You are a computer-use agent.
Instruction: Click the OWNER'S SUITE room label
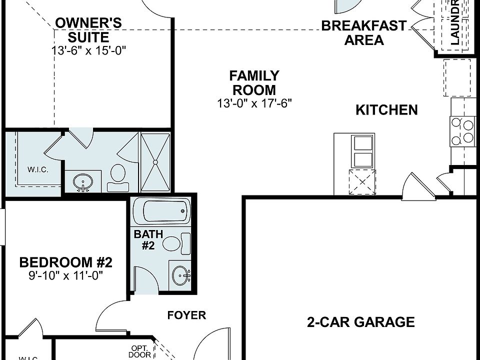[x=88, y=30]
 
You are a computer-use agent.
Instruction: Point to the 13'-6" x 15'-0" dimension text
[x=88, y=50]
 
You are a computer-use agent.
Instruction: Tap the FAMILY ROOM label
[x=254, y=83]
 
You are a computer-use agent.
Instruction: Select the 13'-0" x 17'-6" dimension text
[x=254, y=103]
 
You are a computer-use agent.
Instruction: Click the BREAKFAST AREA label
[x=364, y=33]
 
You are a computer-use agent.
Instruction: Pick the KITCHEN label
[x=386, y=110]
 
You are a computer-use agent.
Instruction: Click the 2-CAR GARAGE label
[x=360, y=322]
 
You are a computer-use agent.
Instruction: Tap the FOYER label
[x=186, y=315]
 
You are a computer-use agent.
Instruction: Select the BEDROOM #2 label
[x=65, y=262]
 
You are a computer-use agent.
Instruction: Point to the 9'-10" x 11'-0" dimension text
[x=65, y=275]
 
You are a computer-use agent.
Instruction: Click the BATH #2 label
[x=148, y=239]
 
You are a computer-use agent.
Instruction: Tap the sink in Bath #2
[x=180, y=274]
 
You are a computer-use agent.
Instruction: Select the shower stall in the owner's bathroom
[x=155, y=162]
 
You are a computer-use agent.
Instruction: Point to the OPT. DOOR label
[x=139, y=351]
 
